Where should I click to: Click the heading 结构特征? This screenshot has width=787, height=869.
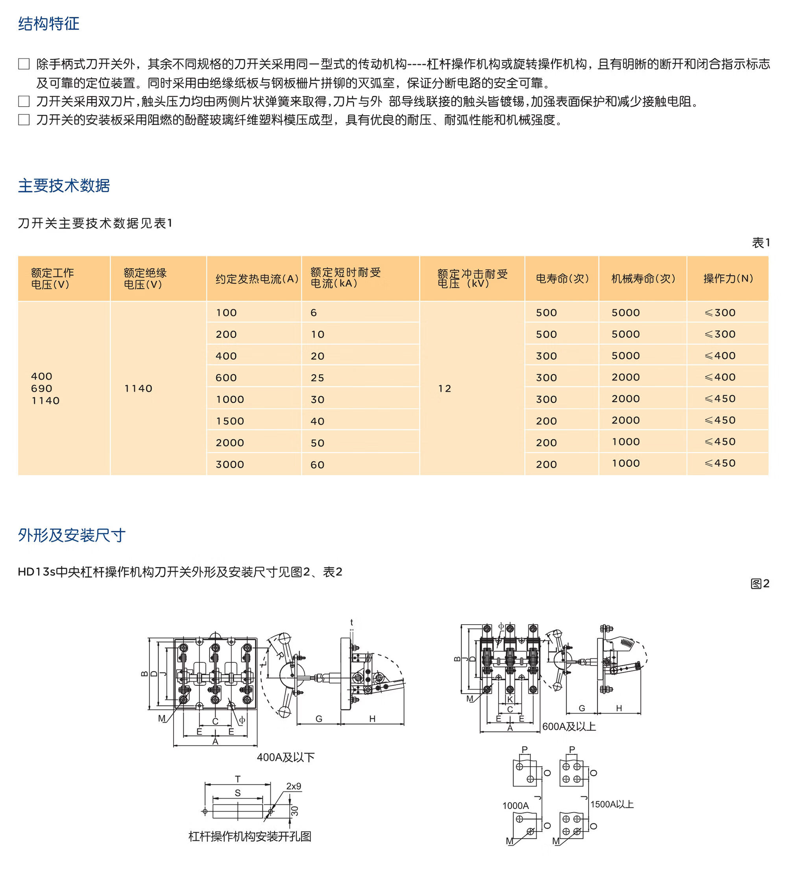(x=49, y=24)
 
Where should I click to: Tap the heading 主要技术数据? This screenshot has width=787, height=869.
(x=64, y=185)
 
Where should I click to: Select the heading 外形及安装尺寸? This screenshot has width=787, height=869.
(x=72, y=535)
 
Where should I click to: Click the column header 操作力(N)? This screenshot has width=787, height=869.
(x=728, y=279)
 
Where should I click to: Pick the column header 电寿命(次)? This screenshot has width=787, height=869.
(x=562, y=279)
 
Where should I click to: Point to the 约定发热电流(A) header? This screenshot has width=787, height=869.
(x=257, y=279)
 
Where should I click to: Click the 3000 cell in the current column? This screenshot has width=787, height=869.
(x=230, y=464)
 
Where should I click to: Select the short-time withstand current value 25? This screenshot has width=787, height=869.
(x=317, y=377)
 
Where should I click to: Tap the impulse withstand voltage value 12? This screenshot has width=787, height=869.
(x=444, y=388)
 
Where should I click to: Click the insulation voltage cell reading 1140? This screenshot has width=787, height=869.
(x=139, y=388)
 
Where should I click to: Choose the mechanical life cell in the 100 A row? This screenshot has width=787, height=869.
(x=625, y=312)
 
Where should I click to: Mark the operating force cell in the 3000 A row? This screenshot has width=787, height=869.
(x=720, y=463)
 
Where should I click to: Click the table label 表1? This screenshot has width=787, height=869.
(x=760, y=243)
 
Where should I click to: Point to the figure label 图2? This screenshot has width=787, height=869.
(x=759, y=584)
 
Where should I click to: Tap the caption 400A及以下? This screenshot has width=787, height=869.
(x=286, y=757)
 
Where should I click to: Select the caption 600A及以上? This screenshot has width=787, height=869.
(x=569, y=726)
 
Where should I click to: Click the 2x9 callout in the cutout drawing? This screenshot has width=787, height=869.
(x=294, y=786)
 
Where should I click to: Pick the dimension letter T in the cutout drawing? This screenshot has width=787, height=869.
(x=238, y=779)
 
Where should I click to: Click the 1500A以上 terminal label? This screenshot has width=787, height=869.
(x=611, y=804)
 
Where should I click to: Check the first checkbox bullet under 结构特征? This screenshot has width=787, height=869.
(x=24, y=64)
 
